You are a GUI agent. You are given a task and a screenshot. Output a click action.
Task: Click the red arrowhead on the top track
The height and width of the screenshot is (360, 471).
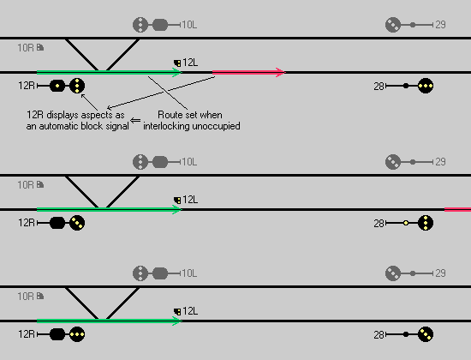tap(281, 72)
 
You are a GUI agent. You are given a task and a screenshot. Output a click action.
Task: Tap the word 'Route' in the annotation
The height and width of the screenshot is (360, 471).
tap(168, 115)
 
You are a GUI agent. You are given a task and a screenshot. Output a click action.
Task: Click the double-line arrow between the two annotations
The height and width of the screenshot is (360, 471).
tap(135, 121)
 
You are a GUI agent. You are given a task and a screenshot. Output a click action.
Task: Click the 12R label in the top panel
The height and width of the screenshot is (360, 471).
tap(27, 86)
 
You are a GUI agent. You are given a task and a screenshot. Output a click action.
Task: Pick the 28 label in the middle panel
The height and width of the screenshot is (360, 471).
tap(379, 224)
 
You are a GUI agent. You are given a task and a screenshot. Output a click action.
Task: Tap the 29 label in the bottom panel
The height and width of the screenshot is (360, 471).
tap(440, 273)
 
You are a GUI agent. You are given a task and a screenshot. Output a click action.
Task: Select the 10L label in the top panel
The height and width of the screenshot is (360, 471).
tap(189, 25)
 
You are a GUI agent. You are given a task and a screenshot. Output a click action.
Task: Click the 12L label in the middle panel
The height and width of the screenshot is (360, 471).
tap(190, 200)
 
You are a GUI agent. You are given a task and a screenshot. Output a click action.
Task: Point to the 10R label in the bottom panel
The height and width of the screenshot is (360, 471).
tap(26, 297)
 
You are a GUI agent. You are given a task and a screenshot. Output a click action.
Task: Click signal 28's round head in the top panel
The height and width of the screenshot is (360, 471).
tap(426, 86)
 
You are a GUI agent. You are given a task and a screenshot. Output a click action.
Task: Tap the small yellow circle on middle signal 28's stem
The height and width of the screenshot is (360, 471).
tap(406, 223)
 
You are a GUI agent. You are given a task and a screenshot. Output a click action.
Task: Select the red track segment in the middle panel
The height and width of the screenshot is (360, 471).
tap(458, 209)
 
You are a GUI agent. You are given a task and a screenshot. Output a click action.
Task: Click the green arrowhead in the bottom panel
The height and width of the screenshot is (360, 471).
tap(177, 321)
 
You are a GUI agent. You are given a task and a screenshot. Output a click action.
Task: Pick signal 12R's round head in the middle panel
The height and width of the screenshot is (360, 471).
tap(77, 223)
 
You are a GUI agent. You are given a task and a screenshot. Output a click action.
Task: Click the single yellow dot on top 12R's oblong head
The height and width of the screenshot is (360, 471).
tap(57, 86)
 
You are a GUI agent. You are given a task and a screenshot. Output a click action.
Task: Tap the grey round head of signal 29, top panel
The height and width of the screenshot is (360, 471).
tap(393, 25)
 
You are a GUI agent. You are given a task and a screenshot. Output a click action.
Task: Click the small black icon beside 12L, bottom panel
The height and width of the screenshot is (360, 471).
tap(177, 312)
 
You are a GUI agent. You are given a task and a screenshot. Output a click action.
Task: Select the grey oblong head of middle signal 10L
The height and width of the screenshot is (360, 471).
tap(160, 162)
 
